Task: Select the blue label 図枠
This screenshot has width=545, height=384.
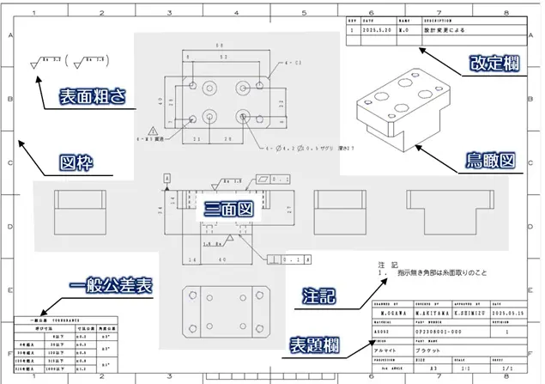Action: (76, 162)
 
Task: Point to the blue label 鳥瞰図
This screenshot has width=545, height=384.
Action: (488, 161)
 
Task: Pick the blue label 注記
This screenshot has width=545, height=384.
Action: (318, 297)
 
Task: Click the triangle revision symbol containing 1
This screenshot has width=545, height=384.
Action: (153, 131)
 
